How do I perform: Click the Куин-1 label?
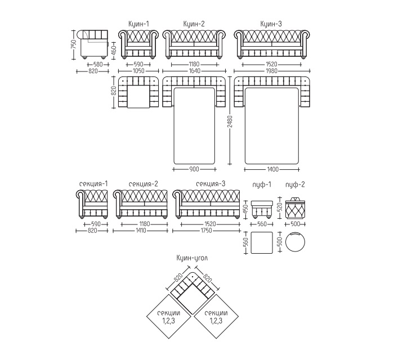[x=138, y=24]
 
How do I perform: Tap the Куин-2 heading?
[x=194, y=24]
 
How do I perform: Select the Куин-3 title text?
[x=271, y=24]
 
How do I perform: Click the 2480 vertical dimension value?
[x=230, y=121]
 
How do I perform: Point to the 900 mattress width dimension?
[x=194, y=169]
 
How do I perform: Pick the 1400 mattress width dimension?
[x=272, y=169]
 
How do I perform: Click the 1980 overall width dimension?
[x=272, y=71]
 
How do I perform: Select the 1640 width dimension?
[x=194, y=71]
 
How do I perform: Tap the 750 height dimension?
[x=73, y=44]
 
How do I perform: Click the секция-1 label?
[x=93, y=184]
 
